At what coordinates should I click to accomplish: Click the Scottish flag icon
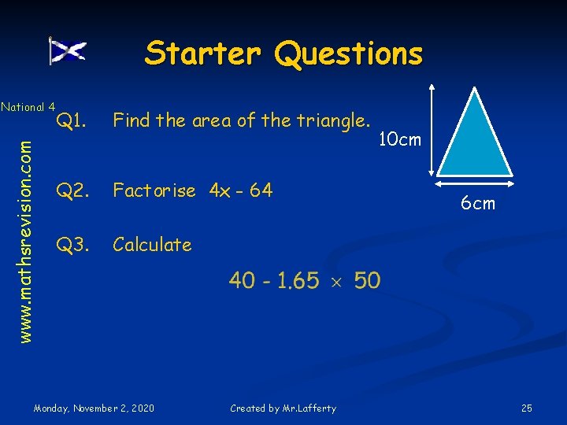(67, 51)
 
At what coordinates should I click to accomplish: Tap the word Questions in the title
(348, 54)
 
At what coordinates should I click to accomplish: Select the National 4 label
(28, 106)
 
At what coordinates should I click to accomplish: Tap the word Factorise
(154, 190)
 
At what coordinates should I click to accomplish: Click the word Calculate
(152, 245)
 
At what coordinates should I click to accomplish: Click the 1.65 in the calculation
(297, 280)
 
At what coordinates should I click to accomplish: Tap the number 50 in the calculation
(367, 280)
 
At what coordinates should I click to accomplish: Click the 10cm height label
(400, 140)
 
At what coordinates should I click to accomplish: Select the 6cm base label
(478, 203)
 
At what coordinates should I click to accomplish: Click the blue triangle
(475, 142)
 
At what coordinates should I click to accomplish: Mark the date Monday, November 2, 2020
(94, 408)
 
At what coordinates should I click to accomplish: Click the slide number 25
(527, 408)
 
